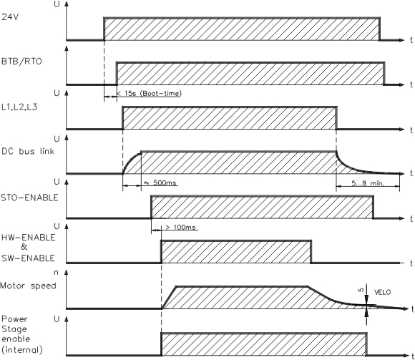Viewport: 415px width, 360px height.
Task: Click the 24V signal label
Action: (x=10, y=17)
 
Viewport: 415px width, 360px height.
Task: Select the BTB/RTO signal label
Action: (x=21, y=62)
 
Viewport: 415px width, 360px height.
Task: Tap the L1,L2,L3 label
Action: (x=19, y=107)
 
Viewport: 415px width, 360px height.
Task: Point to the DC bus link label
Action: (x=28, y=151)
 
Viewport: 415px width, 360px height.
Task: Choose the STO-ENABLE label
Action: (x=29, y=198)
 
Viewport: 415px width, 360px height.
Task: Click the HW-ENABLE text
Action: (x=29, y=237)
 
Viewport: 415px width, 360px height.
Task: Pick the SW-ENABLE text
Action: (x=28, y=258)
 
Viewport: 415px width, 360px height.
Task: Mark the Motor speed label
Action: (x=28, y=286)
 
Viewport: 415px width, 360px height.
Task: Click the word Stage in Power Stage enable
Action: (x=14, y=329)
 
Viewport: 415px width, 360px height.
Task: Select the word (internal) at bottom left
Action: (x=22, y=350)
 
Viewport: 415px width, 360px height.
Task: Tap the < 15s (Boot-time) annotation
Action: (x=149, y=94)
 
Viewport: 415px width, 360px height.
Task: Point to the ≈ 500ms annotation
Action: (x=160, y=183)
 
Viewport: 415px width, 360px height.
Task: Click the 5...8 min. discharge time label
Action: (x=368, y=183)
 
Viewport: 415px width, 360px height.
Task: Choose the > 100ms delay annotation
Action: (x=180, y=228)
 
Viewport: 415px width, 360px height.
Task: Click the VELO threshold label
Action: (x=383, y=293)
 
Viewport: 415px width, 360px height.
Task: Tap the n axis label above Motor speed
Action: (x=56, y=273)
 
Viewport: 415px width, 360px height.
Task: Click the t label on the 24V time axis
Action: (x=411, y=40)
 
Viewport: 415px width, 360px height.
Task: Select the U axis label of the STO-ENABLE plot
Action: (x=57, y=182)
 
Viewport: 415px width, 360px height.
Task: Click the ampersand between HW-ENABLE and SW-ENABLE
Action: (x=24, y=247)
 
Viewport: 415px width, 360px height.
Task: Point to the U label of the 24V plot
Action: (x=57, y=4)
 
